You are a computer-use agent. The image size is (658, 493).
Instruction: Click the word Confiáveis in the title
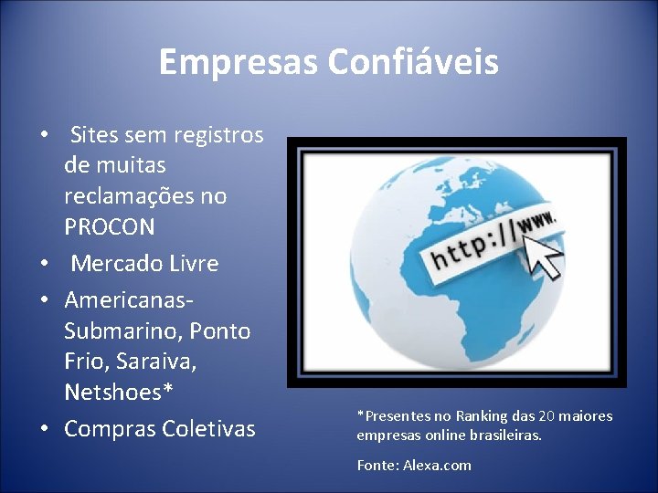(414, 62)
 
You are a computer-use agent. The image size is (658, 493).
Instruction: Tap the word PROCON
(110, 226)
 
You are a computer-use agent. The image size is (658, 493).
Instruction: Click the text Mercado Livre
(145, 264)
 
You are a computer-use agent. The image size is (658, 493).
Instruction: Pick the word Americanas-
(130, 299)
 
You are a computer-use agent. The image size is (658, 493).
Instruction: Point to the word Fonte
(377, 466)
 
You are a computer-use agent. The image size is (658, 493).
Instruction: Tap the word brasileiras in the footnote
(504, 435)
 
